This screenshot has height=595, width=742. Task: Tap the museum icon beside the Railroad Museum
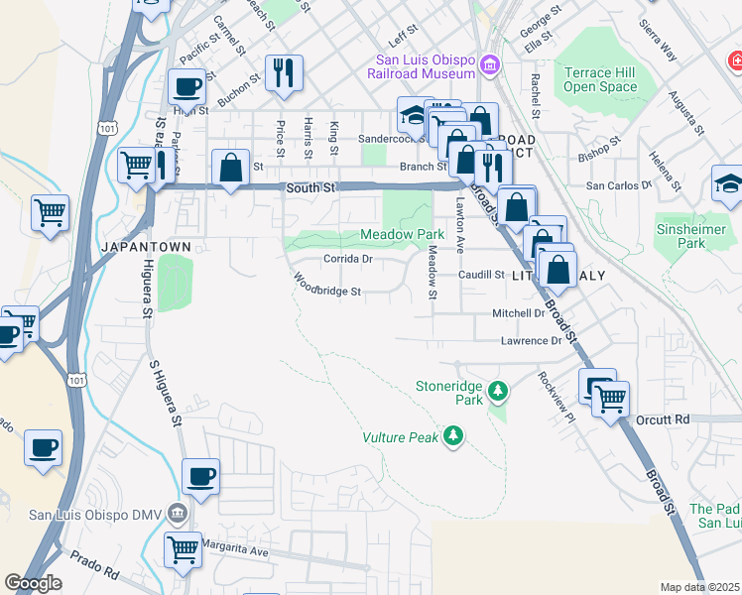[x=488, y=66]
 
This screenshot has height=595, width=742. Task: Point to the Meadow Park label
[x=401, y=235]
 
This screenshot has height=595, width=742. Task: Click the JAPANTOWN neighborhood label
[x=137, y=245]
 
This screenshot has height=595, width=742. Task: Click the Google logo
[x=34, y=583]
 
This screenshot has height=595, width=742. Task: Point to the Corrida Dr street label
[x=347, y=260]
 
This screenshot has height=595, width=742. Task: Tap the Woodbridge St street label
[x=326, y=288]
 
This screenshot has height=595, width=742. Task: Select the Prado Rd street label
[x=94, y=572]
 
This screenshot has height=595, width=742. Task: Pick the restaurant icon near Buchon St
[x=284, y=72]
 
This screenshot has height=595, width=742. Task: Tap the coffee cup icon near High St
[x=186, y=87]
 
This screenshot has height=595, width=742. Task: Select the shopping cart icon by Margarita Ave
[x=182, y=549]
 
